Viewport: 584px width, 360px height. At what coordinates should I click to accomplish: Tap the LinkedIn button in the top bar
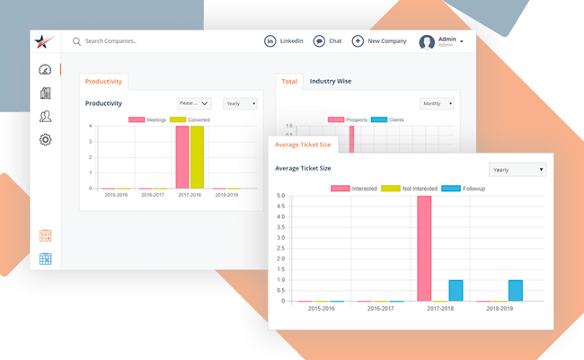pyautogui.click(x=283, y=41)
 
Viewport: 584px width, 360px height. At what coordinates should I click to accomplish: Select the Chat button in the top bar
pyautogui.click(x=328, y=41)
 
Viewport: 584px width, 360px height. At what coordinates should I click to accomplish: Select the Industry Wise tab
pyautogui.click(x=331, y=82)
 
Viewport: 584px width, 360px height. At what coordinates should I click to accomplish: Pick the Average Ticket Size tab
pyautogui.click(x=303, y=145)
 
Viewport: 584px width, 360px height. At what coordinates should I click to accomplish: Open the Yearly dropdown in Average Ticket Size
pyautogui.click(x=517, y=169)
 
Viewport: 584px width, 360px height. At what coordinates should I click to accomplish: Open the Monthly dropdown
pyautogui.click(x=437, y=103)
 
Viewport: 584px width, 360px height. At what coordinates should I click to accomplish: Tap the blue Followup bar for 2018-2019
pyautogui.click(x=515, y=290)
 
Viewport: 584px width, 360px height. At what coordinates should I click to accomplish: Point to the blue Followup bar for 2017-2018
pyautogui.click(x=456, y=290)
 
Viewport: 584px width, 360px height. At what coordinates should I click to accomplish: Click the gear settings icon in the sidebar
pyautogui.click(x=45, y=139)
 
